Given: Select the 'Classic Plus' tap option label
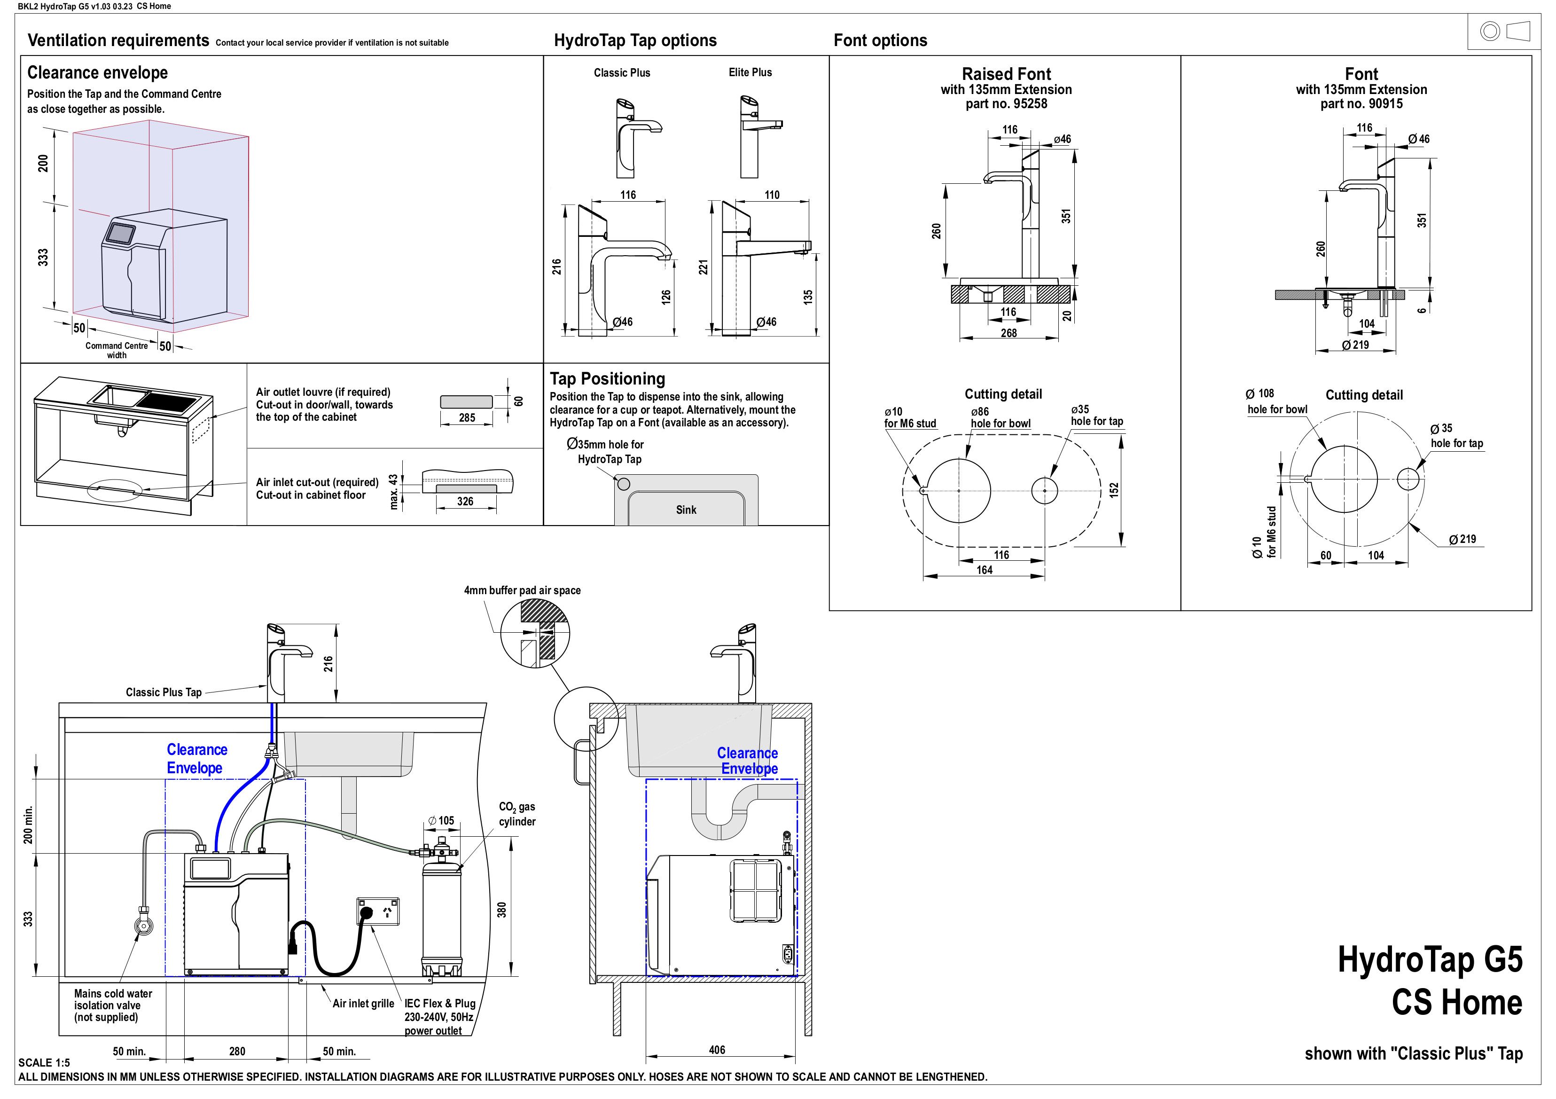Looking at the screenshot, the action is point(621,72).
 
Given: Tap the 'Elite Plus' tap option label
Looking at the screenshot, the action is point(750,72).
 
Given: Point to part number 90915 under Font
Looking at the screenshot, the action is point(1361,104).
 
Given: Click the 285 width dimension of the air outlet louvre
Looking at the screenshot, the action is point(467,417).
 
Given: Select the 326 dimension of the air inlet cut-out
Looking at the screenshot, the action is point(465,502).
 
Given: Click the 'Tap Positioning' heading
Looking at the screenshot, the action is point(607,378).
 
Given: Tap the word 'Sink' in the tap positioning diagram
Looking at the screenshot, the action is point(686,510).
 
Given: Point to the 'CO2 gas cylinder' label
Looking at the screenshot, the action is point(517,814).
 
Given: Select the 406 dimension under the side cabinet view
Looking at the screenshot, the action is point(717,1050).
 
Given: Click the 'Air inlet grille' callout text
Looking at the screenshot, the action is point(363,1004).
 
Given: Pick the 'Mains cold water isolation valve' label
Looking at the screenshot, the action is point(112,1005).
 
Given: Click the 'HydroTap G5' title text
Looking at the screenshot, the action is point(1430,960).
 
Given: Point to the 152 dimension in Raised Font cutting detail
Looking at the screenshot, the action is point(1114,490).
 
